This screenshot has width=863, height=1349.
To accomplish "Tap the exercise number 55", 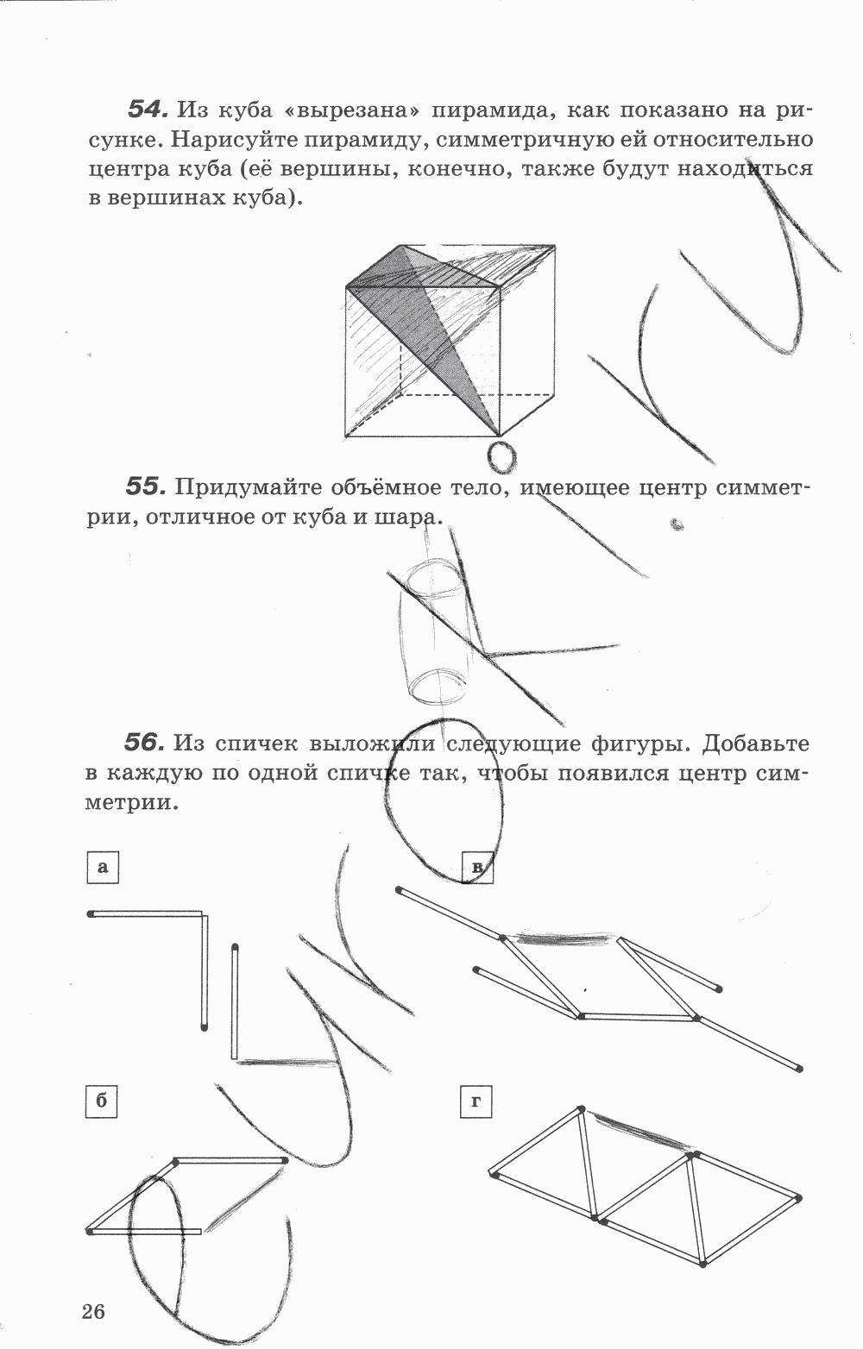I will click(145, 487).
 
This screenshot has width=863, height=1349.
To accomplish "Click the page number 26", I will click(93, 1313).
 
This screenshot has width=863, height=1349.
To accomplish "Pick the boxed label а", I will click(103, 867).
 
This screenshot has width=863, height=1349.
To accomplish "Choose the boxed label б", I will click(102, 1101).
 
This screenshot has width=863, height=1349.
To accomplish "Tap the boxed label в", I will click(476, 867).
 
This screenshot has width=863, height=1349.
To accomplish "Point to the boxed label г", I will click(476, 1101).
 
